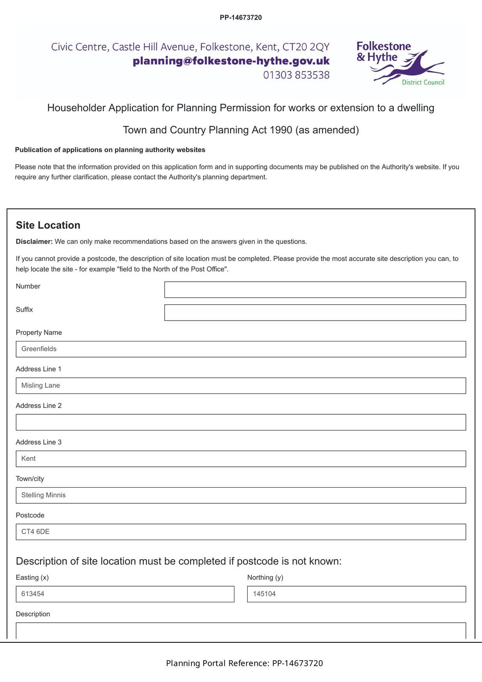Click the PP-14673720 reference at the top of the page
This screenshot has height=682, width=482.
point(241,17)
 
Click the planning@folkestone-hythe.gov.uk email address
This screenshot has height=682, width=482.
point(231,61)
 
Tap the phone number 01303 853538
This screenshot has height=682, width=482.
point(296,75)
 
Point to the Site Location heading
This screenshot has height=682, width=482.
point(48,225)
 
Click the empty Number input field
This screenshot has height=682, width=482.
point(315,289)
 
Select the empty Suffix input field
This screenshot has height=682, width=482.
point(315,312)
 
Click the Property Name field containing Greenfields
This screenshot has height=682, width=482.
point(241,349)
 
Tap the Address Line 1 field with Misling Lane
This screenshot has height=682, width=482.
point(241,386)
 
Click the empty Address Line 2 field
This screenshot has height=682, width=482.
point(241,422)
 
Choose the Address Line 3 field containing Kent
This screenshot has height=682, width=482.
point(241,459)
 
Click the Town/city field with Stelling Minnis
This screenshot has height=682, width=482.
point(241,495)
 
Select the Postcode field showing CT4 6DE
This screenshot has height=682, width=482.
point(241,532)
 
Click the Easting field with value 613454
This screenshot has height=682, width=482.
point(125,594)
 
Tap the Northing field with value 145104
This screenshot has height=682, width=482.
point(356,594)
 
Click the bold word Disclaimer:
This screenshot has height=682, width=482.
point(34,242)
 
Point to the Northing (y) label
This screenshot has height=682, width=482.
point(265,578)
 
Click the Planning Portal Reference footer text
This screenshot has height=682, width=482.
point(244,663)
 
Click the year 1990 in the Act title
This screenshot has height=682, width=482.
point(281,130)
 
